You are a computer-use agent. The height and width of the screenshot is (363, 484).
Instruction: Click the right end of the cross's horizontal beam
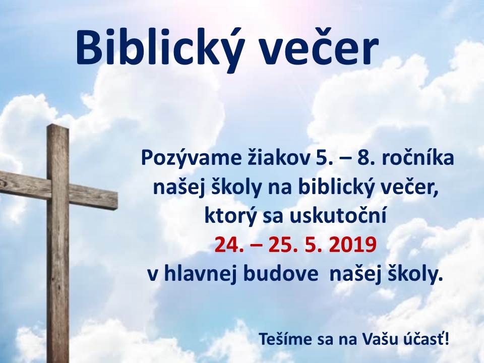tap(117, 201)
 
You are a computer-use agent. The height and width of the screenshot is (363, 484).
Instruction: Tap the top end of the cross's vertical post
tap(57, 126)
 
